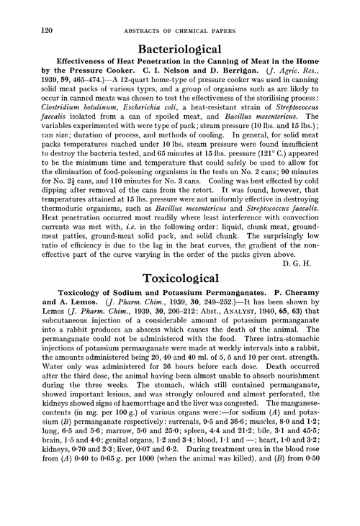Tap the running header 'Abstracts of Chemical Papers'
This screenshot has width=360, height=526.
186,9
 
